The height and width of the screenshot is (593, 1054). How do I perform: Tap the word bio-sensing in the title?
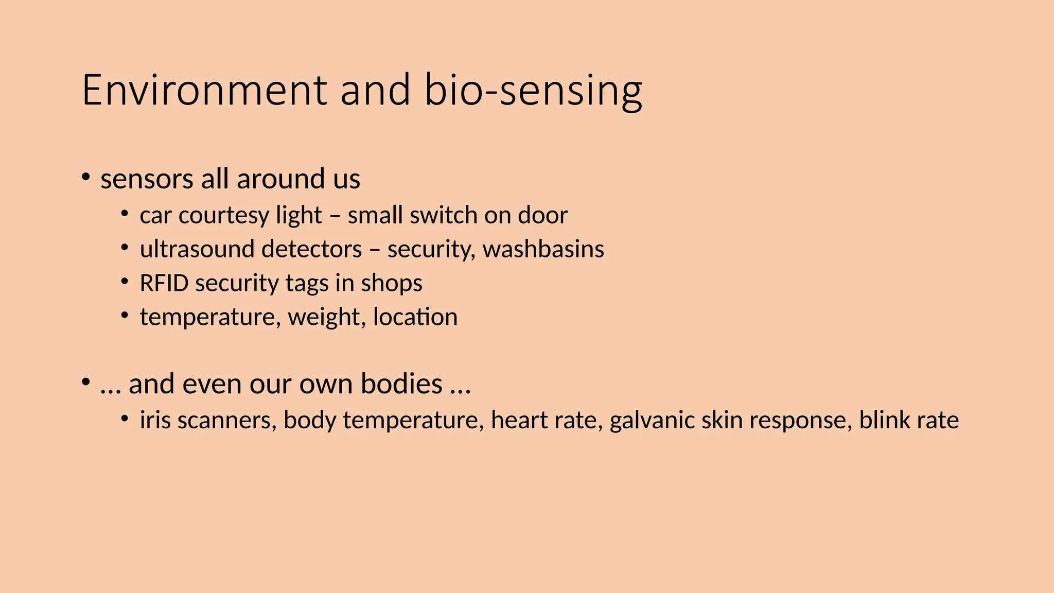tap(533, 91)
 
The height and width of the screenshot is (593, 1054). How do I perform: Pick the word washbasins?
tap(543, 249)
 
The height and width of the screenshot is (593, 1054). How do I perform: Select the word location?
tap(415, 317)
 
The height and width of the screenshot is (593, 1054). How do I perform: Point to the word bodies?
tap(401, 383)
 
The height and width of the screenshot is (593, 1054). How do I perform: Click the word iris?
tap(155, 420)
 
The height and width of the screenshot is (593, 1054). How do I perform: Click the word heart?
tap(519, 420)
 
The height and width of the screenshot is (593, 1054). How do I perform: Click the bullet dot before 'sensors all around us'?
tap(85, 178)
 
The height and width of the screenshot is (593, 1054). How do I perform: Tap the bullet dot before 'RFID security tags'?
tap(125, 282)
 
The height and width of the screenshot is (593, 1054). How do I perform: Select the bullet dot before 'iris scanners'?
tap(125, 418)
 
